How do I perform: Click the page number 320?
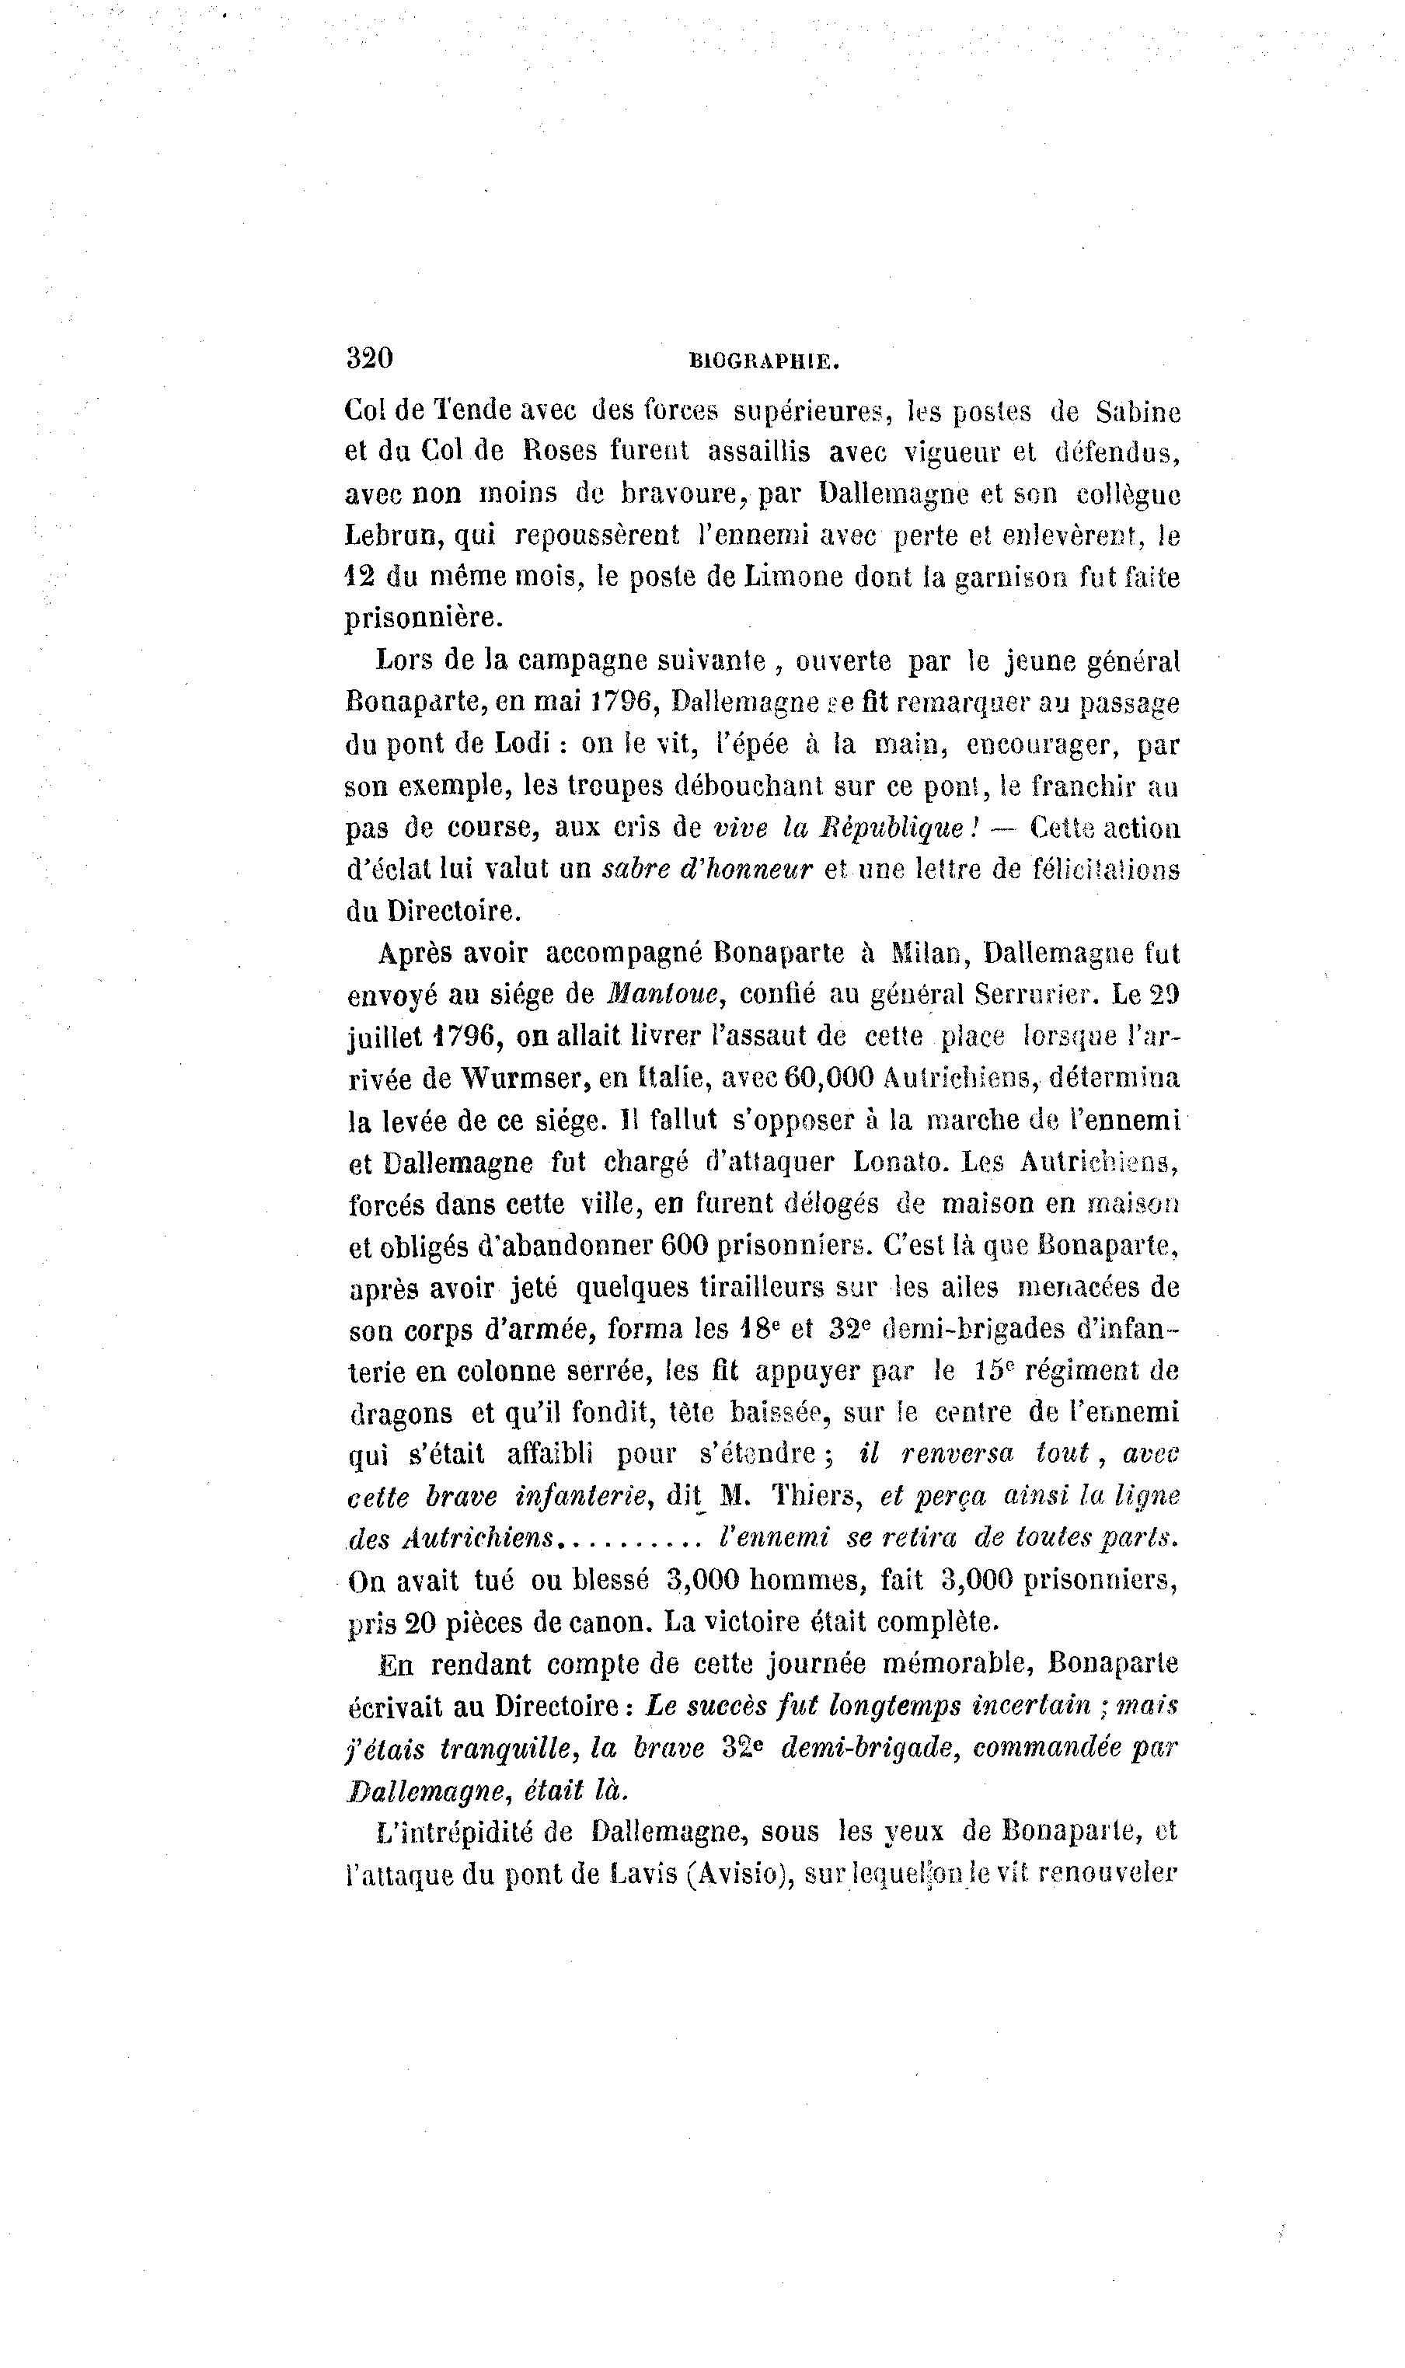point(369,358)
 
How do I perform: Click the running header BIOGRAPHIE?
point(765,361)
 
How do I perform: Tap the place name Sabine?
point(1138,412)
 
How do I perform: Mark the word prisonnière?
point(422,619)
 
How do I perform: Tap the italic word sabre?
point(636,868)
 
